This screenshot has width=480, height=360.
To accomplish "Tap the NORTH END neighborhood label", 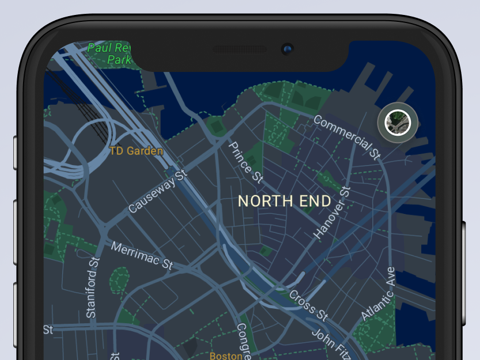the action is pyautogui.click(x=284, y=201).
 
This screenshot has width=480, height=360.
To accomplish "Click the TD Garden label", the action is pyautogui.click(x=136, y=151).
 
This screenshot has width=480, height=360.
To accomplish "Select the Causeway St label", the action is pyautogui.click(x=158, y=192).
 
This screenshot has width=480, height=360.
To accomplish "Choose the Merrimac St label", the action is pyautogui.click(x=142, y=256).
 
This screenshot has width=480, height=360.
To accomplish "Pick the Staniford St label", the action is pyautogui.click(x=93, y=288).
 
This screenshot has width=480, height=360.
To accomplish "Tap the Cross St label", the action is pyautogui.click(x=308, y=305).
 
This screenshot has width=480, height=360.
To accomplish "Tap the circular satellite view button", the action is pyautogui.click(x=398, y=122).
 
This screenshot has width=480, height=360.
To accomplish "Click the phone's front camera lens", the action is pyautogui.click(x=287, y=49).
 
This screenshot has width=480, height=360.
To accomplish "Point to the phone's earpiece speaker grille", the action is pyautogui.click(x=239, y=50).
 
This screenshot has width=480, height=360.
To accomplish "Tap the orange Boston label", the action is pyautogui.click(x=226, y=355).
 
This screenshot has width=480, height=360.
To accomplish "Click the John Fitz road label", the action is pyautogui.click(x=329, y=343).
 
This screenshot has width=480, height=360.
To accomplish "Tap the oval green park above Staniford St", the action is pyautogui.click(x=119, y=280).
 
